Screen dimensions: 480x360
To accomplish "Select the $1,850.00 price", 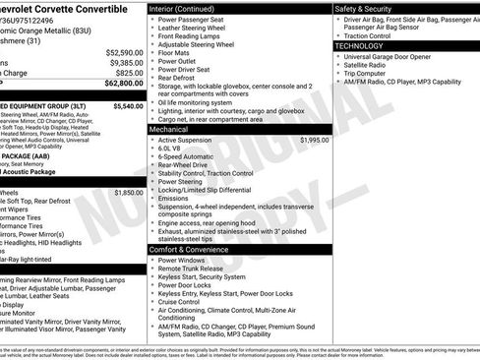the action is click(129, 193).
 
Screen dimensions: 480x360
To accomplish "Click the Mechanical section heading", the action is click(168, 129).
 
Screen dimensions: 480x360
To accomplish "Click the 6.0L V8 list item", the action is click(173, 150).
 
